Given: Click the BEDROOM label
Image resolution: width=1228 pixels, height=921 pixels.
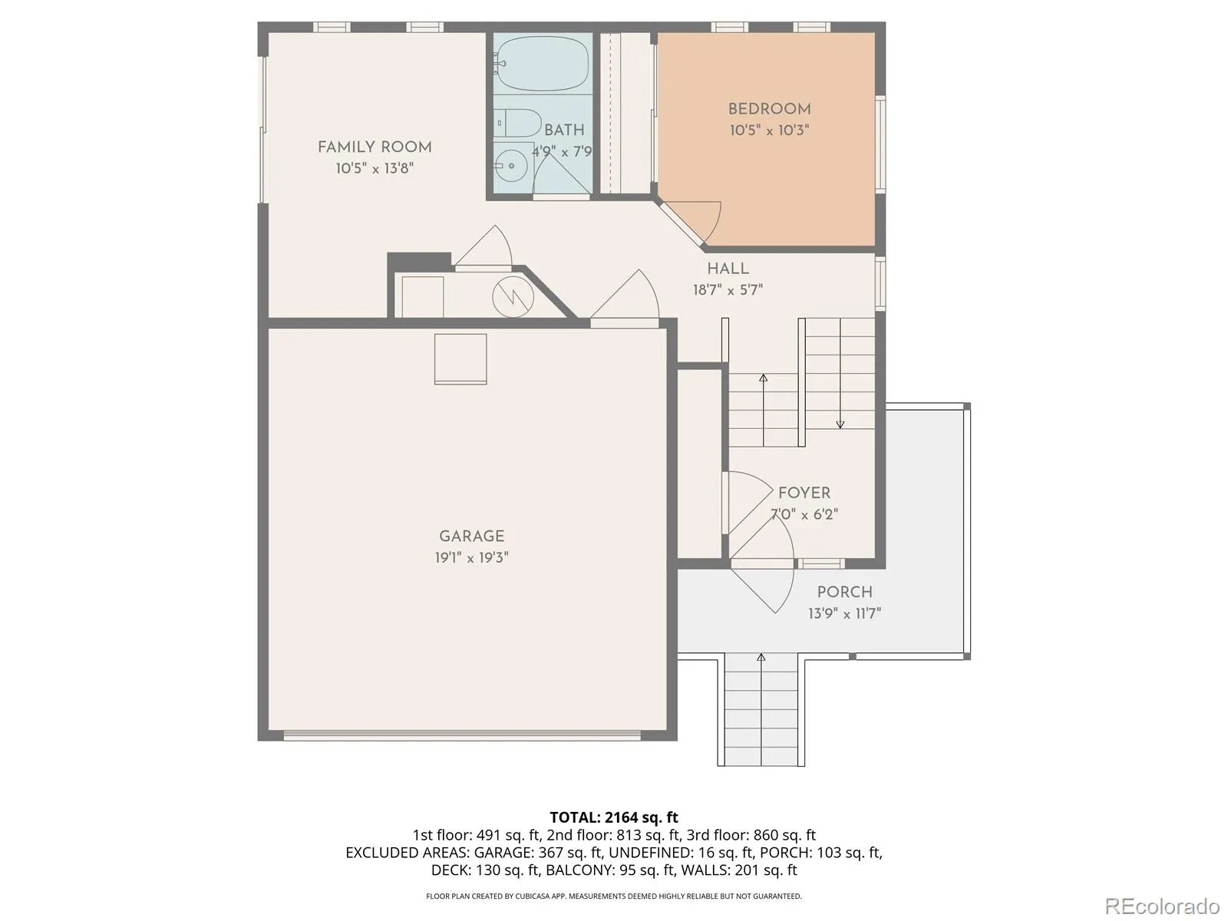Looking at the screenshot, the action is [x=769, y=109].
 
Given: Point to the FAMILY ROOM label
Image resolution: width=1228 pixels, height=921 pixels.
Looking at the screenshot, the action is [x=375, y=147].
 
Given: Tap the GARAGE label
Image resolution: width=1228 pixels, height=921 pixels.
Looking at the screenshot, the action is [x=471, y=536].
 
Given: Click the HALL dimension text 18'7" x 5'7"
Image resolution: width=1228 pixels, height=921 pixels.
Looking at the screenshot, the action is [x=728, y=289].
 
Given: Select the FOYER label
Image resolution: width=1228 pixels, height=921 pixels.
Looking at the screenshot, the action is [x=804, y=493].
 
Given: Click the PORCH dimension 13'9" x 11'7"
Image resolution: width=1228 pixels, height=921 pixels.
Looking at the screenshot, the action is [x=844, y=613].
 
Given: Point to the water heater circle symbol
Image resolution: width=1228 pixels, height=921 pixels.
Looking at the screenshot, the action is [x=513, y=298].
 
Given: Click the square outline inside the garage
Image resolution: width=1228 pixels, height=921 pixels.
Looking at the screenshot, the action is [x=460, y=359].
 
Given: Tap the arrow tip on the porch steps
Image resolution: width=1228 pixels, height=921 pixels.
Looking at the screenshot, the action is [x=761, y=656].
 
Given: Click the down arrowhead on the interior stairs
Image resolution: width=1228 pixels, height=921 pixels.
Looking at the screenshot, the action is [x=840, y=425].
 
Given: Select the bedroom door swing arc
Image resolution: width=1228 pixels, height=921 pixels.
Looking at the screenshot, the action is [x=711, y=222].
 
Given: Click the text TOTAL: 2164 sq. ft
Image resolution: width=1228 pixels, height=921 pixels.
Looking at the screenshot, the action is [x=614, y=817].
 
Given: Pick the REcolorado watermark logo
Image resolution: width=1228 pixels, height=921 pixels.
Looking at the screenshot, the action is [x=1163, y=906].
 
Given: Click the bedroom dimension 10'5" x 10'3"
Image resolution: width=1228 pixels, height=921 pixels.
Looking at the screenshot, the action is [x=769, y=130].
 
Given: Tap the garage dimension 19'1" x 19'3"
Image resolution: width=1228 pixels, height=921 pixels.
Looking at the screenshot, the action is [x=471, y=557].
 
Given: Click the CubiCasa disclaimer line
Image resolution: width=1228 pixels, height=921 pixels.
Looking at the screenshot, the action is [x=614, y=896].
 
